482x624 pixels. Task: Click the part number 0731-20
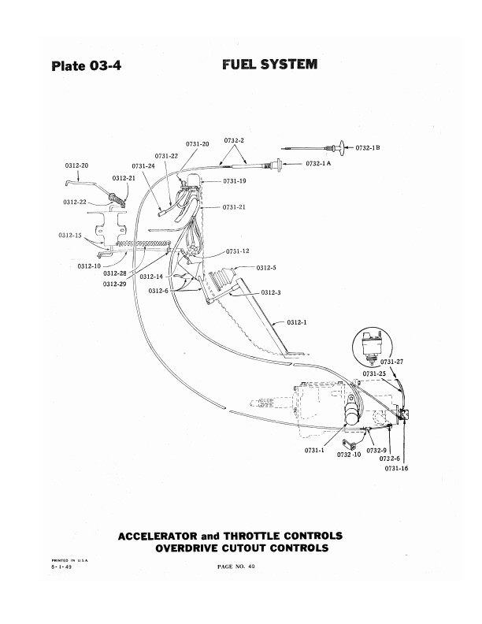click(197, 143)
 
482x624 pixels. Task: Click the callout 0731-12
click(238, 251)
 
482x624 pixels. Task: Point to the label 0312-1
click(297, 321)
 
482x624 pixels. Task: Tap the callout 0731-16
click(398, 469)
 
